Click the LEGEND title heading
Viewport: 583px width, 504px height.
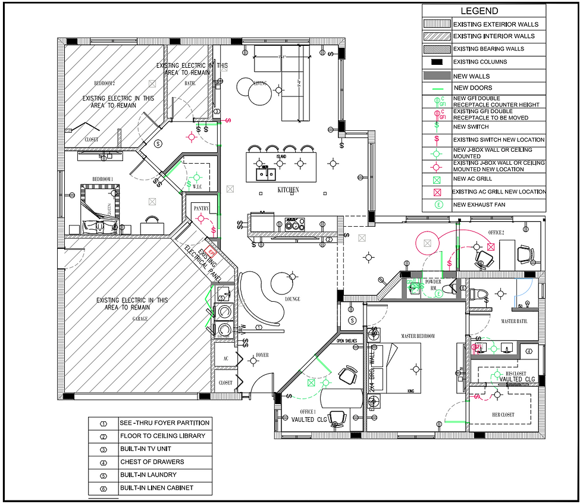pos(479,11)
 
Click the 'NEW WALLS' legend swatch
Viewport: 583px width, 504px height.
pos(437,76)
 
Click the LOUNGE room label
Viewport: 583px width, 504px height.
pos(292,299)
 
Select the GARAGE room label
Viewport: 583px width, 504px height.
pos(140,319)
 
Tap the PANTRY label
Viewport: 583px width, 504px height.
pos(200,209)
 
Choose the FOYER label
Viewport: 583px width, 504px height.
pos(262,355)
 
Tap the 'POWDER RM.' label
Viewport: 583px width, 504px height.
pos(432,284)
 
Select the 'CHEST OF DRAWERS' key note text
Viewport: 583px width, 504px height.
pos(152,462)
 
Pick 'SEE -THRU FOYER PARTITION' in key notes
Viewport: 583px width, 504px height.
pos(164,423)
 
